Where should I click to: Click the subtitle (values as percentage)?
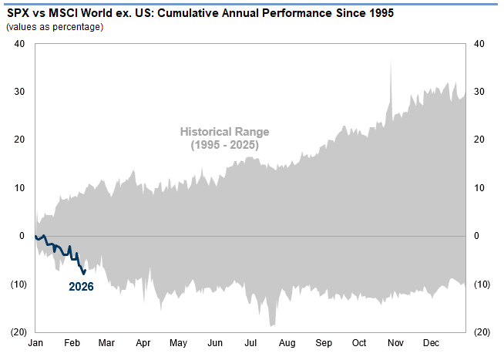(55, 28)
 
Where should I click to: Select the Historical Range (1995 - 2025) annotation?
(224, 138)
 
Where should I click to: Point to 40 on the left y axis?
(19, 43)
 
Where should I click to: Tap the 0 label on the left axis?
(22, 235)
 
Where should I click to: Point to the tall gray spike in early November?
(391, 63)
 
